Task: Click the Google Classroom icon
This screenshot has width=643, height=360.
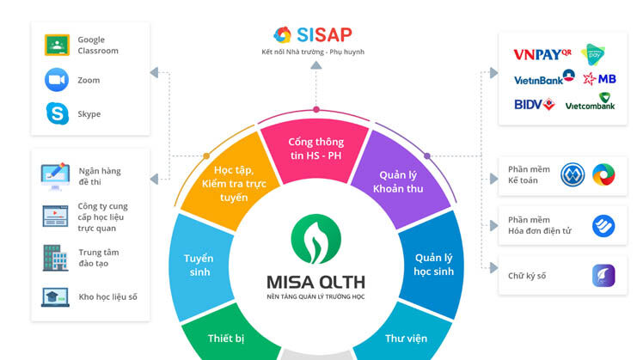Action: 57,45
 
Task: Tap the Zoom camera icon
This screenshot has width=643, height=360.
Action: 57,80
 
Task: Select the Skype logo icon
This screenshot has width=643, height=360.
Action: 57,113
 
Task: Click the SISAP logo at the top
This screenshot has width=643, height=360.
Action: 313,35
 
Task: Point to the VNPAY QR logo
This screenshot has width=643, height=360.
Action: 542,54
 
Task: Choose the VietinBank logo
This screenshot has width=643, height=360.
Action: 544,77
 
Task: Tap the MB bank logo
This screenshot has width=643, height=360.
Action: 599,79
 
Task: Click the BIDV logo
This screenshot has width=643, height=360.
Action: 535,105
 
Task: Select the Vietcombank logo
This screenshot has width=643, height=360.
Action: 590,101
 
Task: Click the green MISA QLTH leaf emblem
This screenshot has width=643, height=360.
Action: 315,239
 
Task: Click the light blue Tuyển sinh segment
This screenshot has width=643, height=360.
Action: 200,265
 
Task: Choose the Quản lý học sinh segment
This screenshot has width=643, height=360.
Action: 432,265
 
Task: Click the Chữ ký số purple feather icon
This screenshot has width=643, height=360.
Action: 603,276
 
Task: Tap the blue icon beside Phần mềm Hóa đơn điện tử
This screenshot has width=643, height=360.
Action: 603,225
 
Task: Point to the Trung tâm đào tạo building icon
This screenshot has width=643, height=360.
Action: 55,258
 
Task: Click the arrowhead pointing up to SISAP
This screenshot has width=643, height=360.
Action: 315,65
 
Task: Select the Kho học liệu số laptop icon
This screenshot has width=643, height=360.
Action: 55,297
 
